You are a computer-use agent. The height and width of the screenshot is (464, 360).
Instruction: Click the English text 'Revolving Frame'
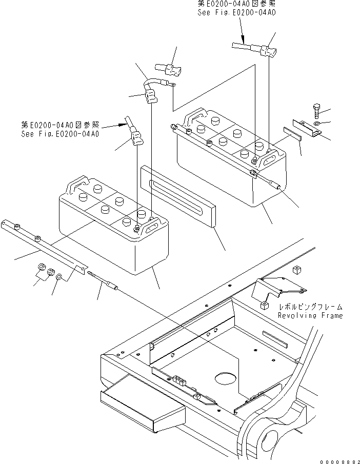click(310, 316)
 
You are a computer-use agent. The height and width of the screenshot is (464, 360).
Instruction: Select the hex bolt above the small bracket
click(316, 111)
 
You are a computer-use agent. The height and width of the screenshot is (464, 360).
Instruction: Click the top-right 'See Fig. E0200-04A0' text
click(237, 12)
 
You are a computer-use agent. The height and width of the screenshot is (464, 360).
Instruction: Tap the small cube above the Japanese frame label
click(295, 270)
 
